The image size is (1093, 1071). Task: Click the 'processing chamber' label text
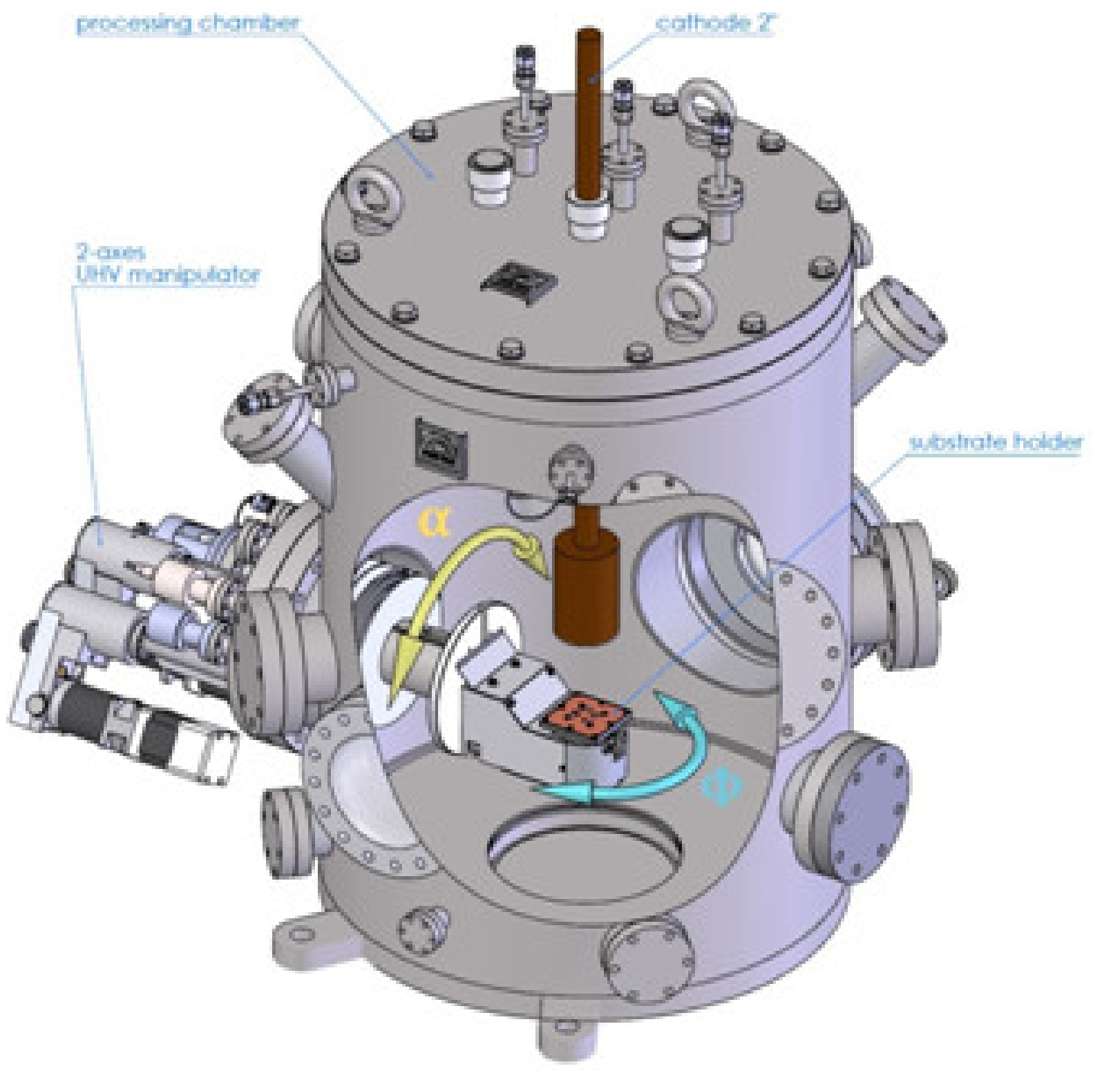[187, 24]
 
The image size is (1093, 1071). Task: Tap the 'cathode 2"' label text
[716, 24]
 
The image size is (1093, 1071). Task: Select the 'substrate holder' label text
[995, 442]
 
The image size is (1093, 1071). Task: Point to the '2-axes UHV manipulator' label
[167, 264]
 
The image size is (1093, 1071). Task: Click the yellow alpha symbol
[434, 522]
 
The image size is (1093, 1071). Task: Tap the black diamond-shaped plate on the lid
[519, 281]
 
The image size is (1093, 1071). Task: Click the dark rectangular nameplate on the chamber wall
[441, 440]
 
